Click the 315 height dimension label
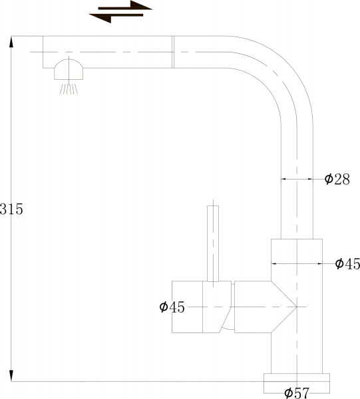point(12,209)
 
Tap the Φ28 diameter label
point(337,179)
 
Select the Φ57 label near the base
point(296,392)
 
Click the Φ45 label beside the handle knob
point(172,307)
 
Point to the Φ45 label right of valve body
point(347,264)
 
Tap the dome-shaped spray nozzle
point(69,69)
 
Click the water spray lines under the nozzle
point(67,88)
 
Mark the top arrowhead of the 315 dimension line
point(11,41)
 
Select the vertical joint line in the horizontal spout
point(173,51)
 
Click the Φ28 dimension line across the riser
point(296,179)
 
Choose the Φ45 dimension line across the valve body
point(296,264)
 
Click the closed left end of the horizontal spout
point(44,51)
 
